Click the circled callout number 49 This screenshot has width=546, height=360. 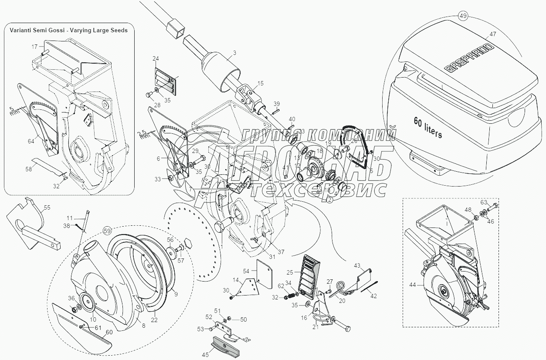tap(462, 16)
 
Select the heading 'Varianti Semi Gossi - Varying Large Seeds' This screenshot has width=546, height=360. tap(66, 30)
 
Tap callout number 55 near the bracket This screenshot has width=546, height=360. tap(47, 207)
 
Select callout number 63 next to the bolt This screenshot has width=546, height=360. tap(484, 202)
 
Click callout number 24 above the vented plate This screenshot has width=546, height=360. tap(156, 58)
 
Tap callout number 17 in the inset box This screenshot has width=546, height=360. tap(34, 46)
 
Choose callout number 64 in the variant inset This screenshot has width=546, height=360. tap(31, 141)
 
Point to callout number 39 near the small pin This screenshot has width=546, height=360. tap(276, 104)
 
